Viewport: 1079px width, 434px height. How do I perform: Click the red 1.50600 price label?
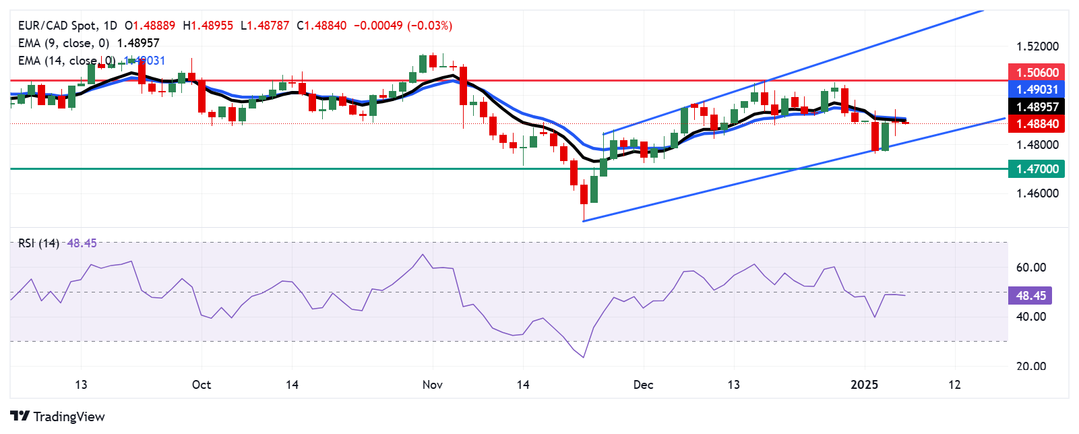1037,72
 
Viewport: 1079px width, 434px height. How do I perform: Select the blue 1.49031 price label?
1037,89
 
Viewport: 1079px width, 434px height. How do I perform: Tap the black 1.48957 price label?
1037,106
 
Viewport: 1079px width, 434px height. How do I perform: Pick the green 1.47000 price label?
1037,169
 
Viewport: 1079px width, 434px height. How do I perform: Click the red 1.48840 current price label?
1037,123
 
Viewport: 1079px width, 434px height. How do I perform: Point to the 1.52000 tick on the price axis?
1037,46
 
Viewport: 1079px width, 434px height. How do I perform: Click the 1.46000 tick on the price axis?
1037,193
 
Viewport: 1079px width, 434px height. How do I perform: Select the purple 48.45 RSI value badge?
1030,295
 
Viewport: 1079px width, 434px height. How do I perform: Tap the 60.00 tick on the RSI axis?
1031,268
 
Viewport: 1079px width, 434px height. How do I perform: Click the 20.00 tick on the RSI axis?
1031,367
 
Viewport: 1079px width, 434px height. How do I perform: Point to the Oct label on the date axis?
202,385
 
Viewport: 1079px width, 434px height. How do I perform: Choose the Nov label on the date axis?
432,385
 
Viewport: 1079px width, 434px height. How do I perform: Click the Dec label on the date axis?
643,385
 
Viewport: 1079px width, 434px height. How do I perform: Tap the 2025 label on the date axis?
864,385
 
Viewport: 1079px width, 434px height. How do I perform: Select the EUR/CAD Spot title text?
57,26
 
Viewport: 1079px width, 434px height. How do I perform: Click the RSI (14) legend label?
38,243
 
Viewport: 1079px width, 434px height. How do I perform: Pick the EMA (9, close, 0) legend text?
63,43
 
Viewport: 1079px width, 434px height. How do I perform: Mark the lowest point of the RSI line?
583,357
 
